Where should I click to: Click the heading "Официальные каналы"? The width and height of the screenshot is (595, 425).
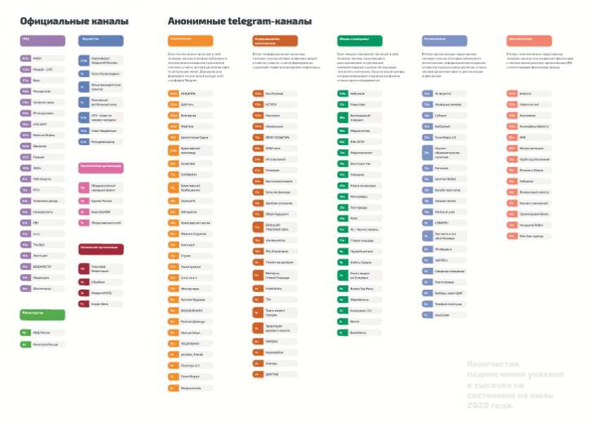(61, 22)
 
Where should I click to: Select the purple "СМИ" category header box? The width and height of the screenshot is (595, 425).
(42, 40)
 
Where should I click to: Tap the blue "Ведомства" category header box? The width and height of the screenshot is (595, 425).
(101, 40)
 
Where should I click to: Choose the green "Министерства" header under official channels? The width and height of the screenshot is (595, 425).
(42, 314)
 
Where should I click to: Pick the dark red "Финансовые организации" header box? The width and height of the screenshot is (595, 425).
(101, 249)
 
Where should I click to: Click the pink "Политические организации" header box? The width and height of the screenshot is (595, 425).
(101, 168)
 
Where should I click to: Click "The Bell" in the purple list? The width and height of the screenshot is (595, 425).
(42, 245)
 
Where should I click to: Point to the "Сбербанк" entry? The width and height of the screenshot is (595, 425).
(99, 281)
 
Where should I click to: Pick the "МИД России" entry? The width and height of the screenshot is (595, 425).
(42, 332)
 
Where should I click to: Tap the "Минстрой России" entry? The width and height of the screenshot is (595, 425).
(42, 345)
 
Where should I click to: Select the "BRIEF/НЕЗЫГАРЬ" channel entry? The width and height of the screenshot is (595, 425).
(276, 137)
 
